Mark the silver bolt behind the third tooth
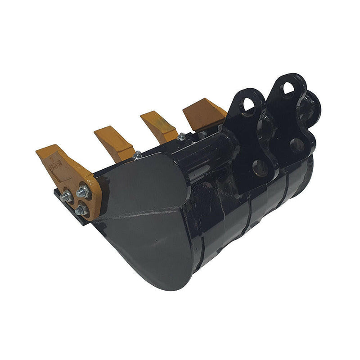[181, 136]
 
